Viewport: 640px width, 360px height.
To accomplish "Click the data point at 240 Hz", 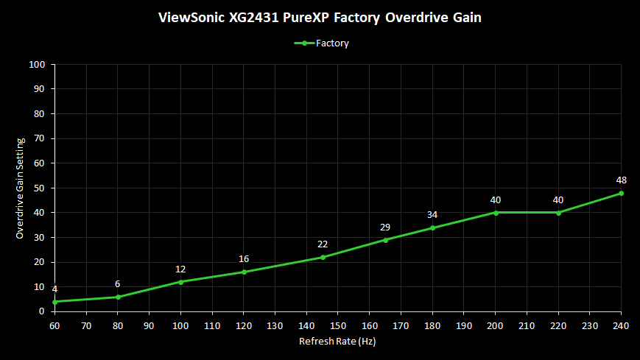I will click(621, 193).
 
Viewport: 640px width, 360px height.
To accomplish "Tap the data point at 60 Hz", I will click(54, 302).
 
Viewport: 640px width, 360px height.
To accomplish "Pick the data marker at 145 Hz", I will click(323, 257).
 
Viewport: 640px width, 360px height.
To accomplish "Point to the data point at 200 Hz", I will click(496, 213).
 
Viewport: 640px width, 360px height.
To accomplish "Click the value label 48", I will click(621, 180).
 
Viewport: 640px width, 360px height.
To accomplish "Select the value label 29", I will click(385, 227).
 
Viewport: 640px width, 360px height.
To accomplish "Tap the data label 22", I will click(323, 244).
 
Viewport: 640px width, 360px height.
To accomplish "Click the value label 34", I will click(432, 214).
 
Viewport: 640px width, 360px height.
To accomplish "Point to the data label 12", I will click(180, 269).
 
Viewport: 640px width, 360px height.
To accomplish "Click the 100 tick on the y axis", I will click(38, 65).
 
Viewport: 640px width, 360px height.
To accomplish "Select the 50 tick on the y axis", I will click(41, 188).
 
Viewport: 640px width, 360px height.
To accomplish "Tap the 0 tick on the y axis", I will click(43, 311).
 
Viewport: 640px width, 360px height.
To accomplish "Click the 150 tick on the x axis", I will click(338, 325).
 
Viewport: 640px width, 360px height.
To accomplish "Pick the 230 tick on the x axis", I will click(590, 325).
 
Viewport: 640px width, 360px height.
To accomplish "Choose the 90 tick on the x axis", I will click(149, 325).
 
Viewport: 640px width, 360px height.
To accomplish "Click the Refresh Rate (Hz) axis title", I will click(337, 342).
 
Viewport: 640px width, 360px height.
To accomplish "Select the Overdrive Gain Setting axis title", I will click(21, 188).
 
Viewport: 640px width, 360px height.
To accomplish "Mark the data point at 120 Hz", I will click(244, 272).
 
